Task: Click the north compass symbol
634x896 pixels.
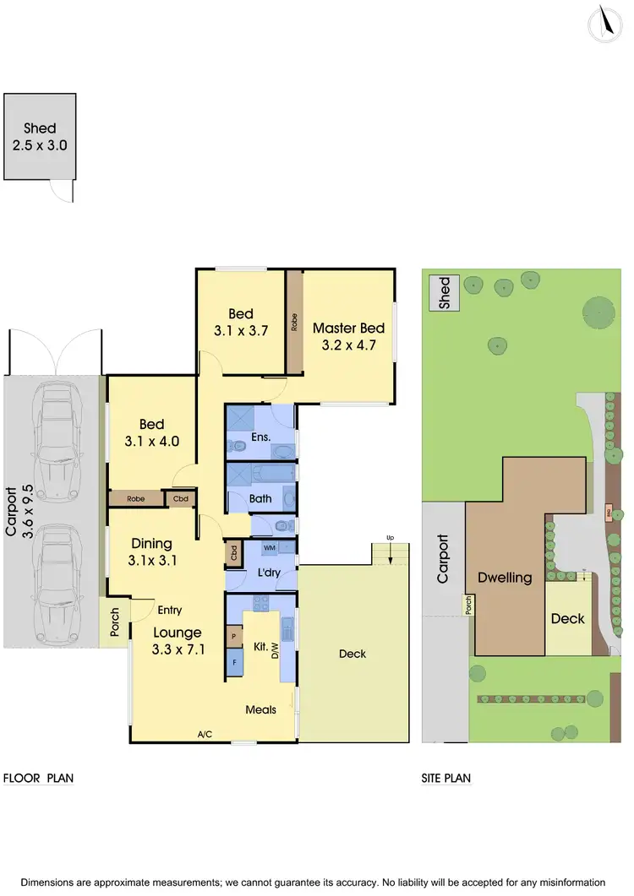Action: [605, 23]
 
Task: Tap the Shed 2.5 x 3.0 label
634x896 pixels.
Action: [40, 137]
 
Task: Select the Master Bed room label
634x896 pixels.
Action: [348, 336]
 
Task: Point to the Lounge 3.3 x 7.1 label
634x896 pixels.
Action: [178, 640]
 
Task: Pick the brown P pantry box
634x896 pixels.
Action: [233, 633]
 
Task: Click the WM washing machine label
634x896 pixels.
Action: [270, 549]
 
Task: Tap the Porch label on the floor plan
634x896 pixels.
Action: [115, 622]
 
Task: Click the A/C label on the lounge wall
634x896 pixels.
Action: [205, 735]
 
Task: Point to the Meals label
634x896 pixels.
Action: [261, 709]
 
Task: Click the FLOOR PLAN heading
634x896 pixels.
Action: [39, 778]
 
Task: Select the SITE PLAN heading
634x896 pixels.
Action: [446, 778]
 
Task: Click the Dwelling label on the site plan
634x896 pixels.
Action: [505, 578]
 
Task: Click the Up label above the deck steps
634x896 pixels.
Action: [390, 537]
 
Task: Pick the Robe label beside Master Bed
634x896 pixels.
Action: [294, 322]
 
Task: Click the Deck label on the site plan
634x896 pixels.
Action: [567, 618]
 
